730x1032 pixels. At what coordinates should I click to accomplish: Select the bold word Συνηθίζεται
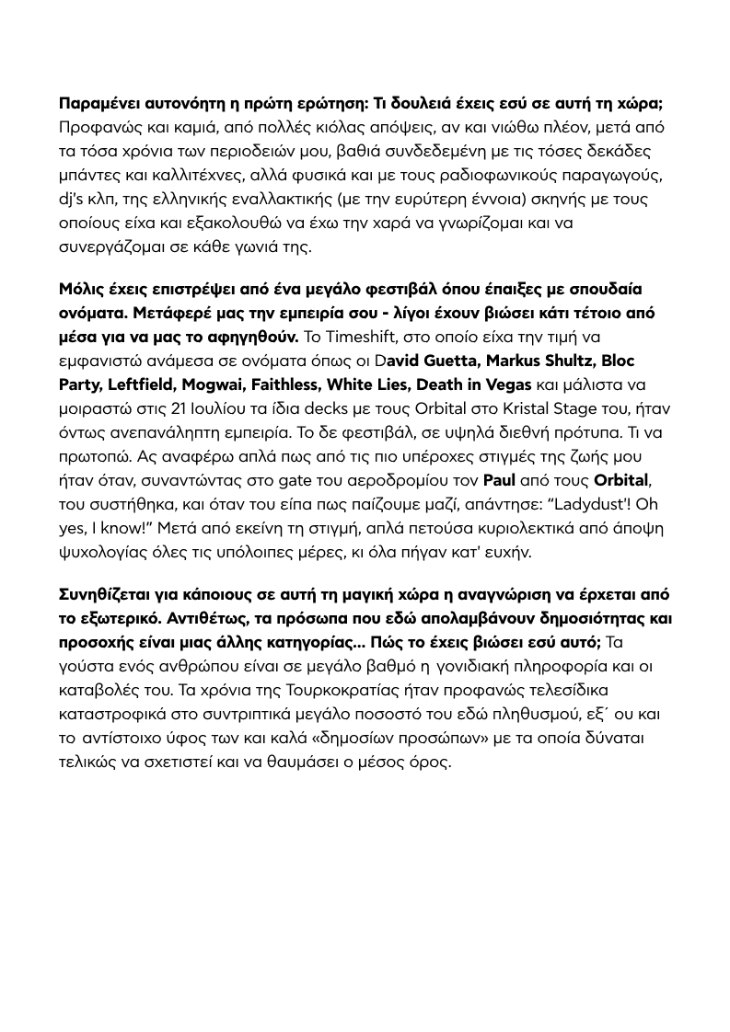pos(109,592)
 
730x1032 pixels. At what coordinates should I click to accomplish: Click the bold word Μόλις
pos(81,289)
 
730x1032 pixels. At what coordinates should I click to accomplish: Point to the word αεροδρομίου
pos(353,480)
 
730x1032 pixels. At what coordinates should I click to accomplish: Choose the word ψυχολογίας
pos(105,552)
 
